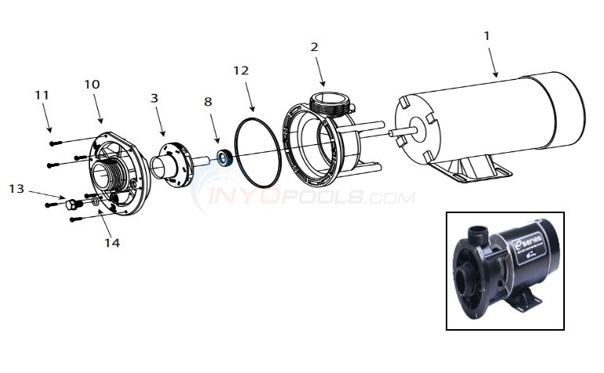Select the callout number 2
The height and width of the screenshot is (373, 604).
(314, 47)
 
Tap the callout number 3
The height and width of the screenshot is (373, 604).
(154, 98)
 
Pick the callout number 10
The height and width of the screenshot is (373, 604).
(92, 84)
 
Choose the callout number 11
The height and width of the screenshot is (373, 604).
(42, 95)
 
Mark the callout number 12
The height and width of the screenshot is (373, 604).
(241, 71)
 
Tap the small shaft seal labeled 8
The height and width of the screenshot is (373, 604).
(226, 158)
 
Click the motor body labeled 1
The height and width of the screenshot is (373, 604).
(486, 118)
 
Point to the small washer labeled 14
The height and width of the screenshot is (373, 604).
(96, 201)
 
